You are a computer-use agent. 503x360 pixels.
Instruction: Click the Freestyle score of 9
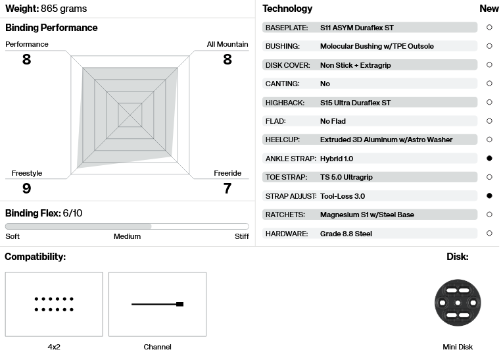pyautogui.click(x=26, y=188)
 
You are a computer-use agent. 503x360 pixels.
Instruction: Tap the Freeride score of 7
pyautogui.click(x=228, y=188)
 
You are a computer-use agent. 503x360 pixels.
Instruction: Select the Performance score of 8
pyautogui.click(x=26, y=59)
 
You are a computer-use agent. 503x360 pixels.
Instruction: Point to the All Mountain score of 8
pyautogui.click(x=228, y=59)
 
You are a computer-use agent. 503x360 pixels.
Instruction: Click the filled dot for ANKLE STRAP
pyautogui.click(x=489, y=159)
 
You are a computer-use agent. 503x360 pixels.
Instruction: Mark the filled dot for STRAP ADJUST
pyautogui.click(x=489, y=196)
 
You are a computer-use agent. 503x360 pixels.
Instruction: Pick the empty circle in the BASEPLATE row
pyautogui.click(x=489, y=27)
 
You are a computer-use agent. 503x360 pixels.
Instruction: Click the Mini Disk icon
pyautogui.click(x=458, y=303)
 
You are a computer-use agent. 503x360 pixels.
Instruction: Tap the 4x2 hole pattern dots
pyautogui.click(x=54, y=304)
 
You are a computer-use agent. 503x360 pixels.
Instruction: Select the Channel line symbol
pyautogui.click(x=158, y=304)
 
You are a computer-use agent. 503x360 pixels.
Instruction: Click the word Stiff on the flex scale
pyautogui.click(x=241, y=236)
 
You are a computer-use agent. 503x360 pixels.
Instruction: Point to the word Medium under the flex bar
pyautogui.click(x=127, y=236)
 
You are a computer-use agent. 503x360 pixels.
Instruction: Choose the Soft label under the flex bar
pyautogui.click(x=12, y=236)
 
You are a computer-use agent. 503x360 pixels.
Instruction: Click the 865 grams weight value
pyautogui.click(x=64, y=9)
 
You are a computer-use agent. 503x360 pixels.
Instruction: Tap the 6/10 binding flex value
pyautogui.click(x=72, y=213)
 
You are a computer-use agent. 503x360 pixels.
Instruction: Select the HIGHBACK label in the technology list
pyautogui.click(x=285, y=103)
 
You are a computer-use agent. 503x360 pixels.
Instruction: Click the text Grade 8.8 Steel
pyautogui.click(x=346, y=234)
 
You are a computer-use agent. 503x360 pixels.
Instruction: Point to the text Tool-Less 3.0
pyautogui.click(x=343, y=196)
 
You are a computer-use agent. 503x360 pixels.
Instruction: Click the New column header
pyautogui.click(x=489, y=9)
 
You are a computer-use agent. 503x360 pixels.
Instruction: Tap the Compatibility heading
pyautogui.click(x=36, y=257)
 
